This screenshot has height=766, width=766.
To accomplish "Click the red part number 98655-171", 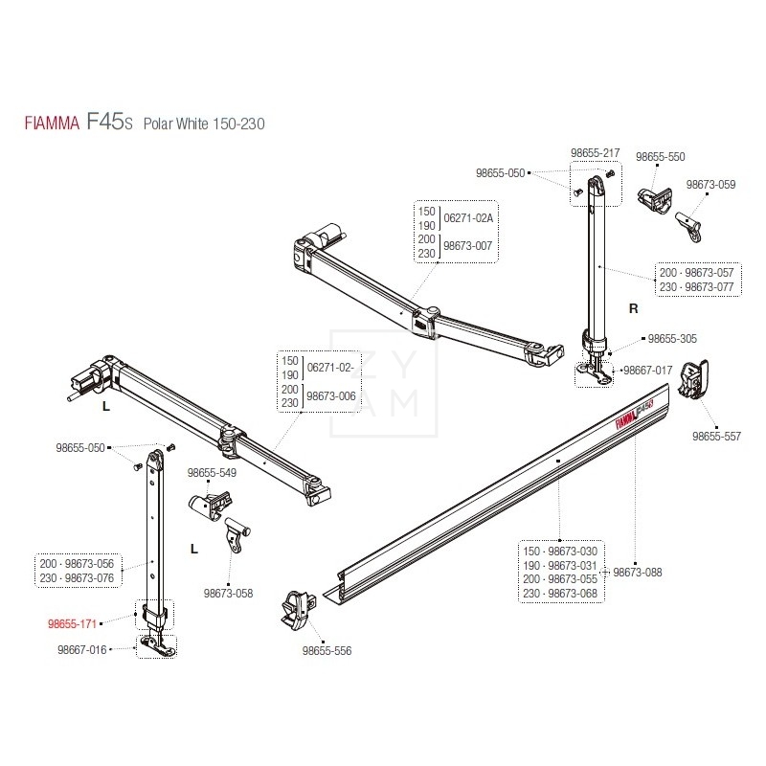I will click(x=74, y=622).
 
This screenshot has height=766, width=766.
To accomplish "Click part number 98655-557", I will click(x=716, y=436).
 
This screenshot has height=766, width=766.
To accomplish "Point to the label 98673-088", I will click(x=637, y=573).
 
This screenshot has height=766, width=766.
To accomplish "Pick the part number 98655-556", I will click(x=327, y=650).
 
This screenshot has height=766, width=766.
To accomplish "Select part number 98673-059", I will click(x=710, y=185).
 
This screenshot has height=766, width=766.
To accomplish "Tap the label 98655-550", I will click(x=661, y=156).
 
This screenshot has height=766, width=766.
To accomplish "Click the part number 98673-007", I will click(x=470, y=246).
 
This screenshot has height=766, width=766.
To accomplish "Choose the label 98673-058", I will click(x=228, y=594).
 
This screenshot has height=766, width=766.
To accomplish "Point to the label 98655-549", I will click(x=212, y=473).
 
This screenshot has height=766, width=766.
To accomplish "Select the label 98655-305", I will click(x=672, y=339).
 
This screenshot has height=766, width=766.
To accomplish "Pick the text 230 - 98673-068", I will click(x=559, y=593).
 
